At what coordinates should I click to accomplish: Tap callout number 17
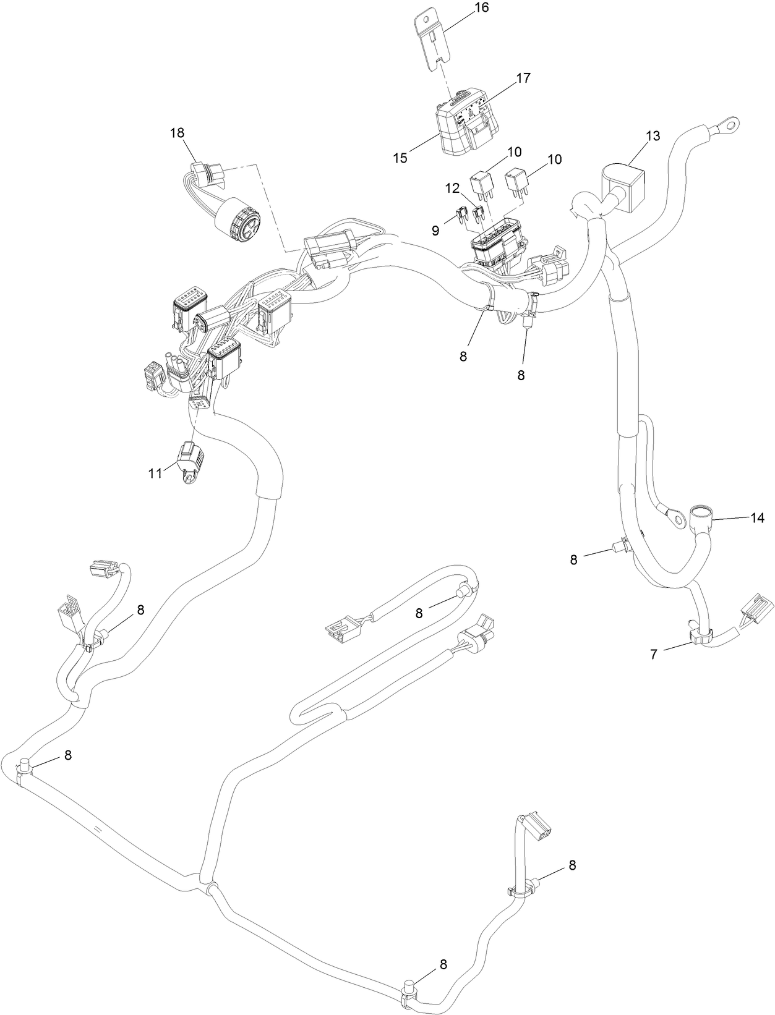(523, 79)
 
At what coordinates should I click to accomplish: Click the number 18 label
(178, 133)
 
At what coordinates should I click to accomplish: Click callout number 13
(653, 136)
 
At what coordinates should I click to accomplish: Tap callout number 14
(758, 518)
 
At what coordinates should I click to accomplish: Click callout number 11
(155, 473)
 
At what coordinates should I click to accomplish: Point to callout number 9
(435, 231)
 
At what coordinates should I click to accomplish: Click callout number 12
(452, 187)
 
